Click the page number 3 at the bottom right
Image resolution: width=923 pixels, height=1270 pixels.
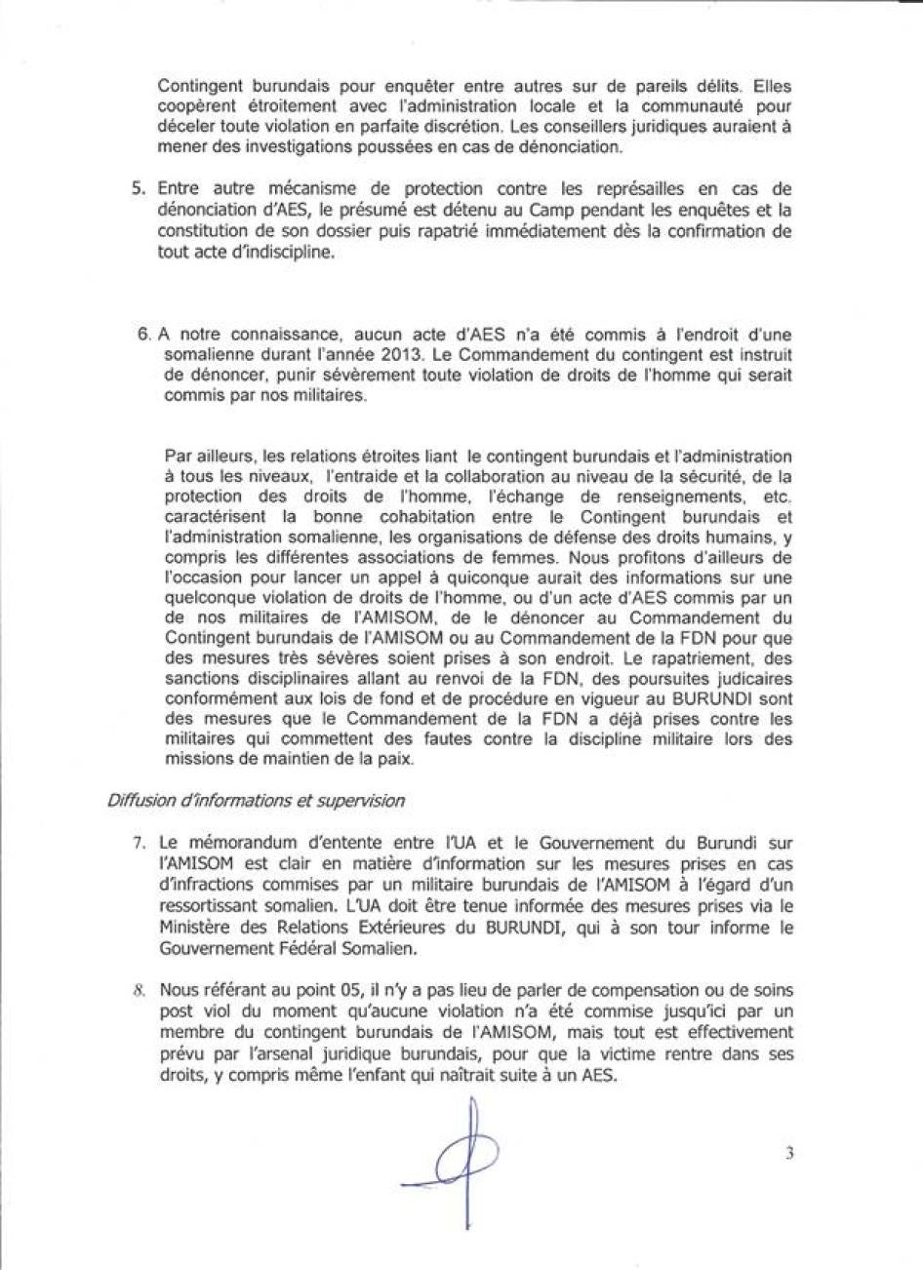tap(787, 1153)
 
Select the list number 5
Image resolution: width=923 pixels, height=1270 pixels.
tap(138, 188)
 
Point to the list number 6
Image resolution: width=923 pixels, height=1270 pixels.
tap(143, 333)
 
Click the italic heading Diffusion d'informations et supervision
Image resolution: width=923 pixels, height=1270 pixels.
tap(256, 800)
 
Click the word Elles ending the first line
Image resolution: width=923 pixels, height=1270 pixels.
tap(772, 85)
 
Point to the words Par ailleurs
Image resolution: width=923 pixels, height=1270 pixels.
tap(199, 456)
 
